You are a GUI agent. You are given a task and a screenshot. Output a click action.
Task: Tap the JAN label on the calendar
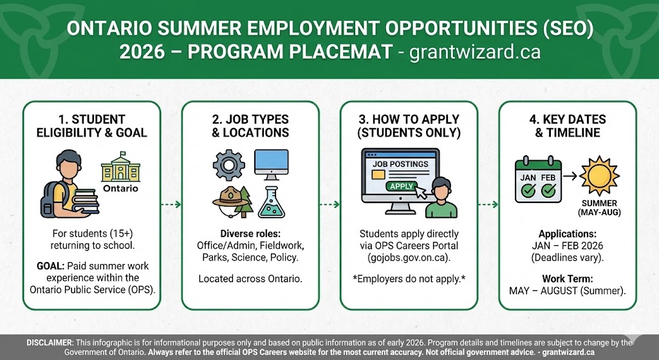pyautogui.click(x=528, y=177)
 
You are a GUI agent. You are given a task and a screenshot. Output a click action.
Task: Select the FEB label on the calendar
pyautogui.click(x=548, y=177)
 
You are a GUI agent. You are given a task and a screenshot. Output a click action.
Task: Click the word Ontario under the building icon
pyautogui.click(x=120, y=189)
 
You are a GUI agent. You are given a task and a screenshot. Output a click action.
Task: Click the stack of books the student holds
pyautogui.click(x=86, y=204)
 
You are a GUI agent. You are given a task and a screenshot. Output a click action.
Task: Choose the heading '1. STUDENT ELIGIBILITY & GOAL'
pyautogui.click(x=91, y=126)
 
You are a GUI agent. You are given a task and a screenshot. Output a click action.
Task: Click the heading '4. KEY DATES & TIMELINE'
pyautogui.click(x=567, y=126)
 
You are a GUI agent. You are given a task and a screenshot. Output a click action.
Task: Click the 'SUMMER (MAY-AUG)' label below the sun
pyautogui.click(x=599, y=207)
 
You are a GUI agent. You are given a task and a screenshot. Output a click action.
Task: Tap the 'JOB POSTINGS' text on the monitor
pyautogui.click(x=400, y=164)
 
